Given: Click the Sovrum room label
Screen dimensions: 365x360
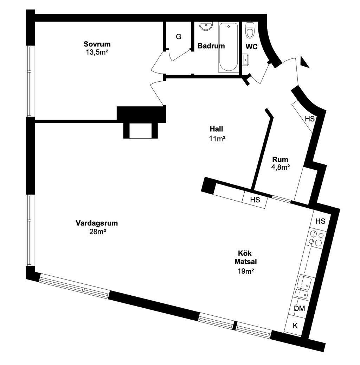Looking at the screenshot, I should (97, 44).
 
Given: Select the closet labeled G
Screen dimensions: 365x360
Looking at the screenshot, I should (179, 37).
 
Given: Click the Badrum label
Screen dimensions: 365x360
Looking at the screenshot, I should (211, 46).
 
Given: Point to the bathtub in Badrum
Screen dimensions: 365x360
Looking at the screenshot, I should (228, 47).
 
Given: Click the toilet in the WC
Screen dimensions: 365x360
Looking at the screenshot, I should (250, 30).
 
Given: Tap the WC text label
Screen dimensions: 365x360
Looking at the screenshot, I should (251, 47).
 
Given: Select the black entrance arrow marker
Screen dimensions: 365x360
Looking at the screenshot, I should (304, 63).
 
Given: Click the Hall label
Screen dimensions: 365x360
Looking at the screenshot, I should (217, 129).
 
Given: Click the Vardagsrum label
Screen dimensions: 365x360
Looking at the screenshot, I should (96, 223).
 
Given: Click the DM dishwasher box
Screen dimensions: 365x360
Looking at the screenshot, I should (299, 309).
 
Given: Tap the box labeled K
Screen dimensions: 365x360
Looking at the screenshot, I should (295, 326).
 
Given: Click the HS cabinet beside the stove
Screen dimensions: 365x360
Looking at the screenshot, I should (320, 221).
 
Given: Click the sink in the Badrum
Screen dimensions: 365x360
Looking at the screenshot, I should (206, 26).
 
